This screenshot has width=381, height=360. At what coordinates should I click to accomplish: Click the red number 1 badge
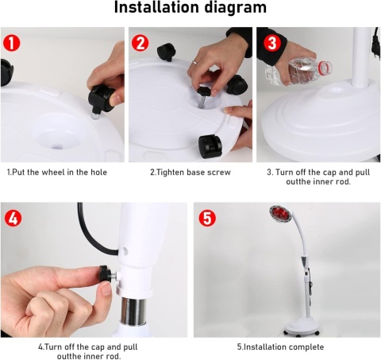(x=12, y=43)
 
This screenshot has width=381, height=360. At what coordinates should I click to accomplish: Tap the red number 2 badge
(x=140, y=43)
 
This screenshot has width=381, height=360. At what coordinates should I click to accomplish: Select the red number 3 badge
(x=272, y=43)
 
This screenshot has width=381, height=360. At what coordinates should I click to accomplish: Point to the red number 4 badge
(x=13, y=218)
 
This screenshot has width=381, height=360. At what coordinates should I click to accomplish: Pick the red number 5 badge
(x=207, y=218)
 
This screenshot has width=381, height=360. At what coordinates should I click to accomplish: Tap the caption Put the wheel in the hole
(x=57, y=172)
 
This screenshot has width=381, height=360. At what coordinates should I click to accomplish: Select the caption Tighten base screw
(x=190, y=172)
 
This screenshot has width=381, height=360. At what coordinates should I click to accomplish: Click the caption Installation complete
(x=280, y=347)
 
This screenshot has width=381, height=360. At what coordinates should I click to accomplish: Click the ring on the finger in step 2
(x=194, y=62)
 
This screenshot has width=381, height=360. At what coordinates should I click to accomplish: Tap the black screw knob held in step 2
(x=204, y=91)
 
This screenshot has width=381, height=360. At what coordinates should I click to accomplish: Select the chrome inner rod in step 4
(x=133, y=311)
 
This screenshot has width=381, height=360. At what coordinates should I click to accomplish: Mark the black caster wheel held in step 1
(x=102, y=98)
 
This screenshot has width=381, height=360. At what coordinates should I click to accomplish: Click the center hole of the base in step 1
(x=56, y=146)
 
